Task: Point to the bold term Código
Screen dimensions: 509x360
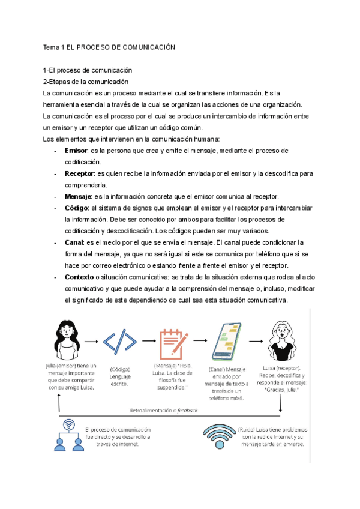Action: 76,208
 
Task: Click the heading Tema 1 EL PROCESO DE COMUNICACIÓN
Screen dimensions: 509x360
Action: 109,47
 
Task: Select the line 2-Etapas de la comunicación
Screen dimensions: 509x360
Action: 86,82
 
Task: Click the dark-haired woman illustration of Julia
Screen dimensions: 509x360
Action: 67,339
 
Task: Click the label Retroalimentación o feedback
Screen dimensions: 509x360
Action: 163,411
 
